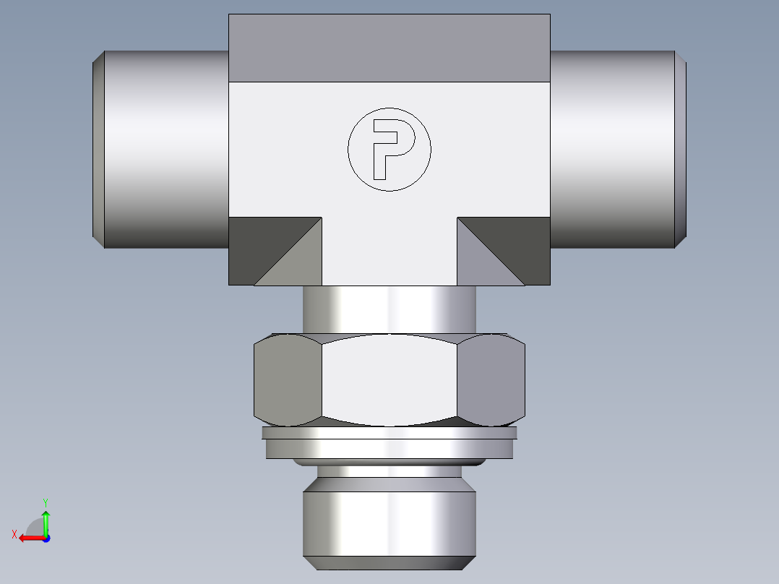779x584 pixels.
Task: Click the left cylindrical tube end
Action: (x=166, y=149)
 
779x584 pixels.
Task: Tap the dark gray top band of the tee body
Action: (x=389, y=48)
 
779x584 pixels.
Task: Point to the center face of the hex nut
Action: (x=389, y=379)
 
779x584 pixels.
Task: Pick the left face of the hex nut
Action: (x=288, y=379)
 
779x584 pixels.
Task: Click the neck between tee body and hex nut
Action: (x=389, y=309)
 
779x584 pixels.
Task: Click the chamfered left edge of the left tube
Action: (x=98, y=149)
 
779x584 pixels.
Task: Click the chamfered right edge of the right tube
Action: (x=680, y=149)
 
